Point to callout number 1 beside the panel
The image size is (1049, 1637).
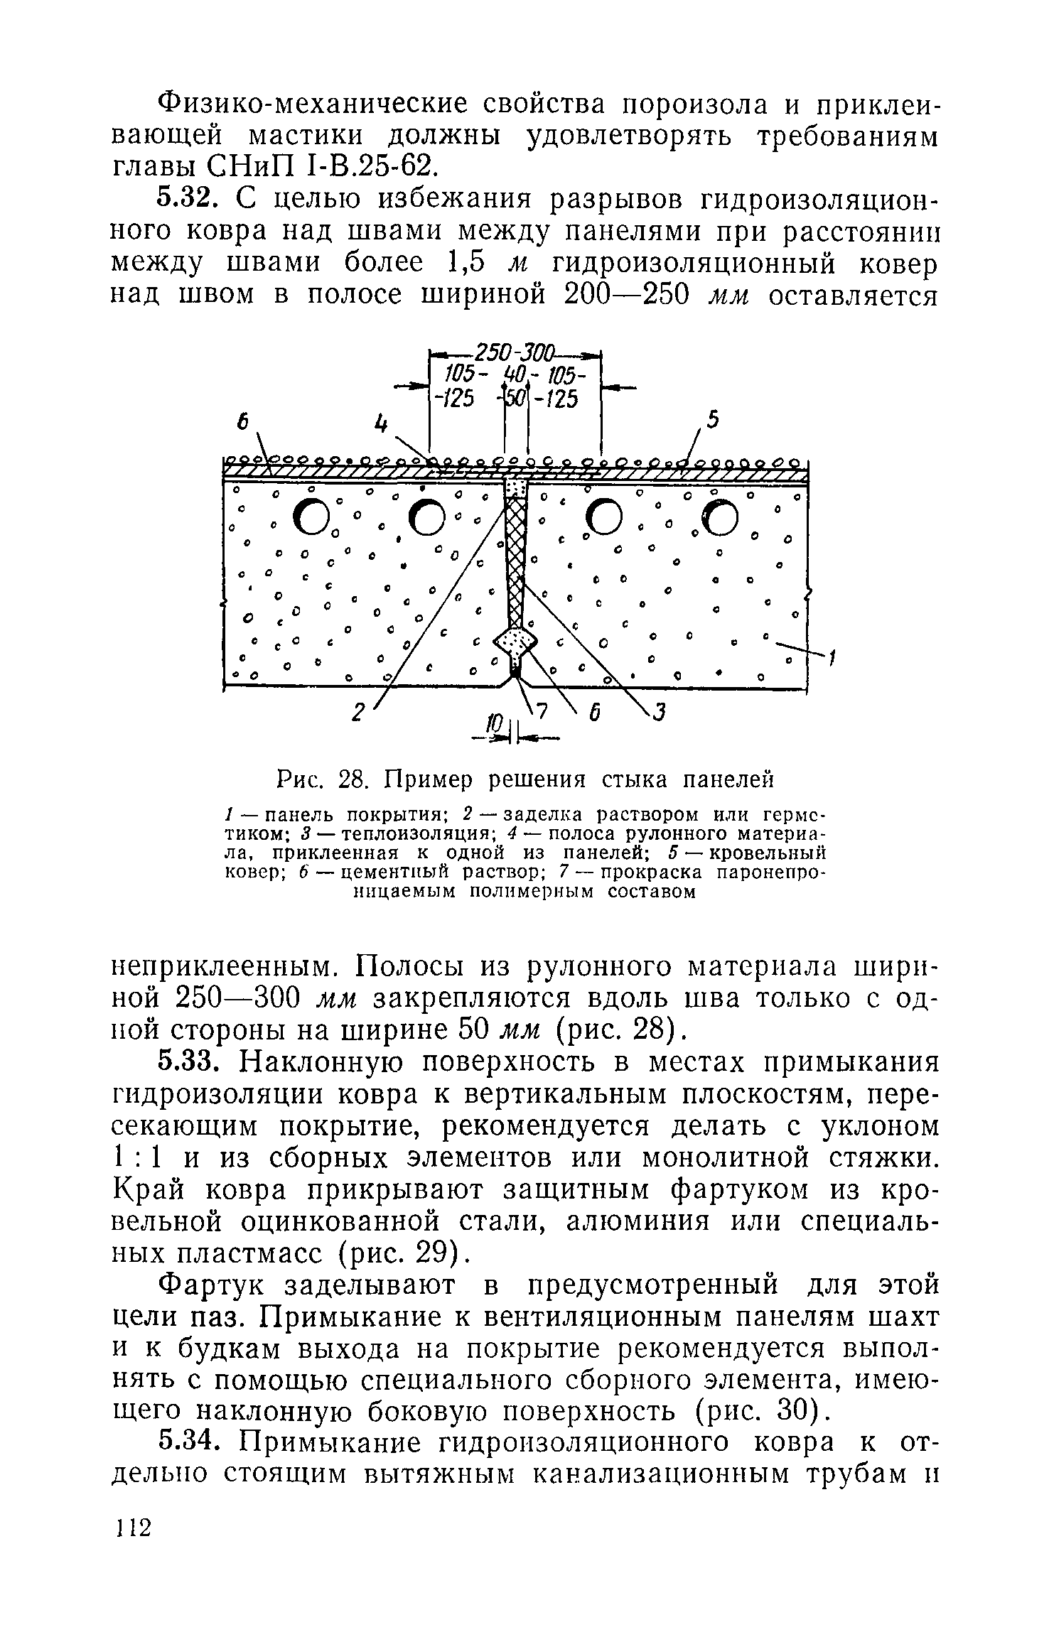(x=831, y=660)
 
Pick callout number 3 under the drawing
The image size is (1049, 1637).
(x=659, y=711)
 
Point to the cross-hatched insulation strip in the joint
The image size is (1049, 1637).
(x=515, y=554)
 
